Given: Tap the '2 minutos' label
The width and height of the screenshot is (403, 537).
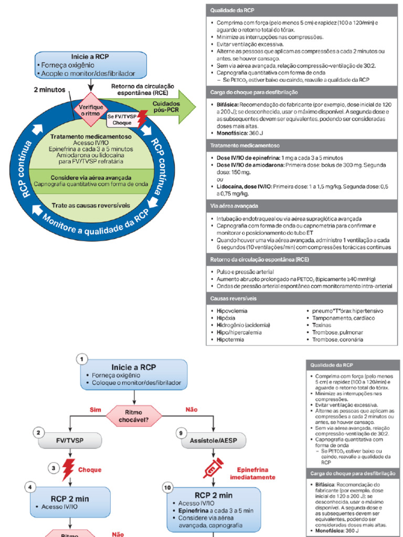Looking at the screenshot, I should pos(50,90).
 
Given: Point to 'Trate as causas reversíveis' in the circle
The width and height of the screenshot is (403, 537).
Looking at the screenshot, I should pos(91,205).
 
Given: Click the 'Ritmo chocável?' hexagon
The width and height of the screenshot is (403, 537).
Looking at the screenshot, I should pos(134,416).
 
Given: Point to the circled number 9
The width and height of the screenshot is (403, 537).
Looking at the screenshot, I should pos(181,433).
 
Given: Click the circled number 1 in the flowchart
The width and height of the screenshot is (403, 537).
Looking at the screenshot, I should pos(81,359).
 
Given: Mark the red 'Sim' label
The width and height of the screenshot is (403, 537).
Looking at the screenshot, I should pos(95,409).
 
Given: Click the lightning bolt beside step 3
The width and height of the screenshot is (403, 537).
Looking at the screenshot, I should pos(68,469).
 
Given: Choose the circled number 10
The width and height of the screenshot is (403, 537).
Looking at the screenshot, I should pos(167,488).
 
